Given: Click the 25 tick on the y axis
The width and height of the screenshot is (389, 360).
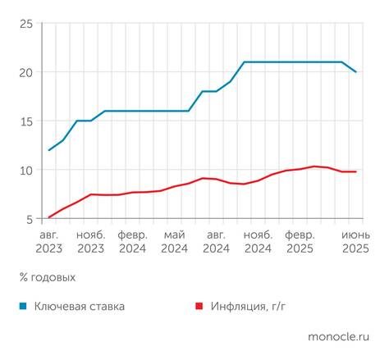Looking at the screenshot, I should [x=25, y=24].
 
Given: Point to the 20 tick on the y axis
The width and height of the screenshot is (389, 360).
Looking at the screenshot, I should [x=25, y=72].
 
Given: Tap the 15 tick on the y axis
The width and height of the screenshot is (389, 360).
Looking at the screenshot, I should [x=26, y=121].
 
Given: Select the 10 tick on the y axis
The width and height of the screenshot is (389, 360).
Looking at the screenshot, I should [x=26, y=171].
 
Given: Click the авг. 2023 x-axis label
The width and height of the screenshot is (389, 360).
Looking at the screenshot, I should [x=48, y=241].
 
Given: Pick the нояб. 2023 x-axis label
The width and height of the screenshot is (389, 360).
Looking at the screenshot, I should [x=91, y=241].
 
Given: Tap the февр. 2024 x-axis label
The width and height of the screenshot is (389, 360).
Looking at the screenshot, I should [x=132, y=241].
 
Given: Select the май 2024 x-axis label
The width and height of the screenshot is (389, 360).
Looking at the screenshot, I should [x=175, y=241].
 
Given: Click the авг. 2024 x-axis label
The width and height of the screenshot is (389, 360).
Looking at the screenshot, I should [x=217, y=241].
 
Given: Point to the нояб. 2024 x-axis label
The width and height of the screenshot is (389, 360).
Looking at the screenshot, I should [x=258, y=241].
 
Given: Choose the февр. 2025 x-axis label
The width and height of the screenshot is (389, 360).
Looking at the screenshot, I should [x=300, y=241].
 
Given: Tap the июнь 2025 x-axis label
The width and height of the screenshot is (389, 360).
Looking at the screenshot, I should [x=355, y=241].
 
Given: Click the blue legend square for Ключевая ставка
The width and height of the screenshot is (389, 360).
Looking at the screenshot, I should [x=24, y=307].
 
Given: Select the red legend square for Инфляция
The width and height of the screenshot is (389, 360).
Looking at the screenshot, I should [x=199, y=307].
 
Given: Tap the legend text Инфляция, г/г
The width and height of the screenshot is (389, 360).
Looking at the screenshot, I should [x=251, y=307].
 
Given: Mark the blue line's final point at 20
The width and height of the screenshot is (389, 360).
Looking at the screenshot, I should [x=355, y=72].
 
